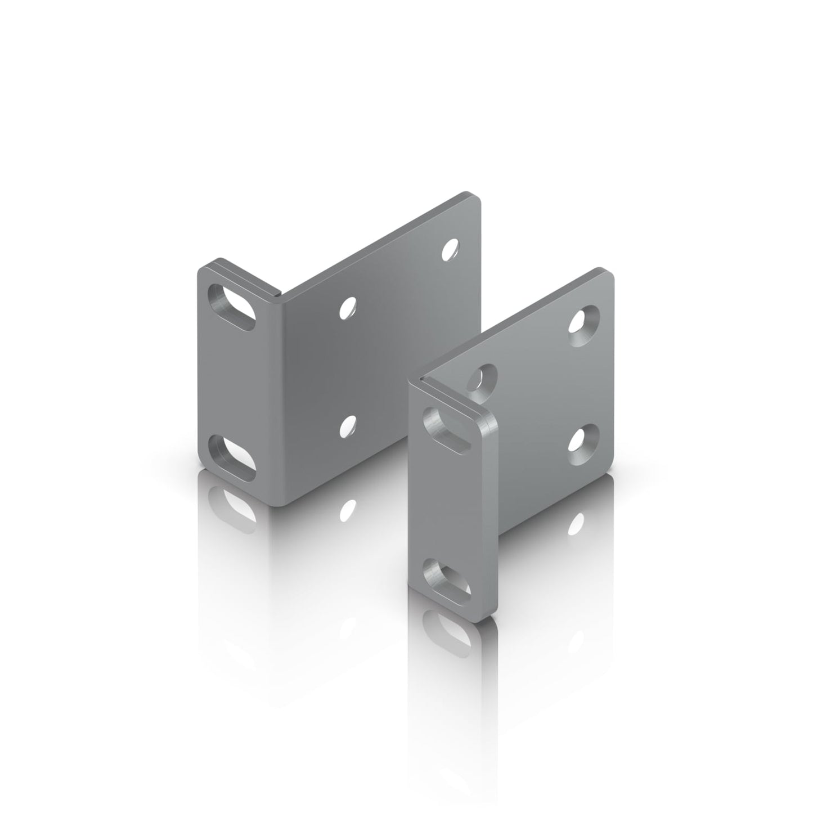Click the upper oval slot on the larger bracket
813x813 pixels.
coord(231,307)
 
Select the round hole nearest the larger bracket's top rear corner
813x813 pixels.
coord(450,249)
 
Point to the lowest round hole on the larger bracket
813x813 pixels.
coord(349,426)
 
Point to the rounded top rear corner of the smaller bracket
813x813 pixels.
coord(607,274)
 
